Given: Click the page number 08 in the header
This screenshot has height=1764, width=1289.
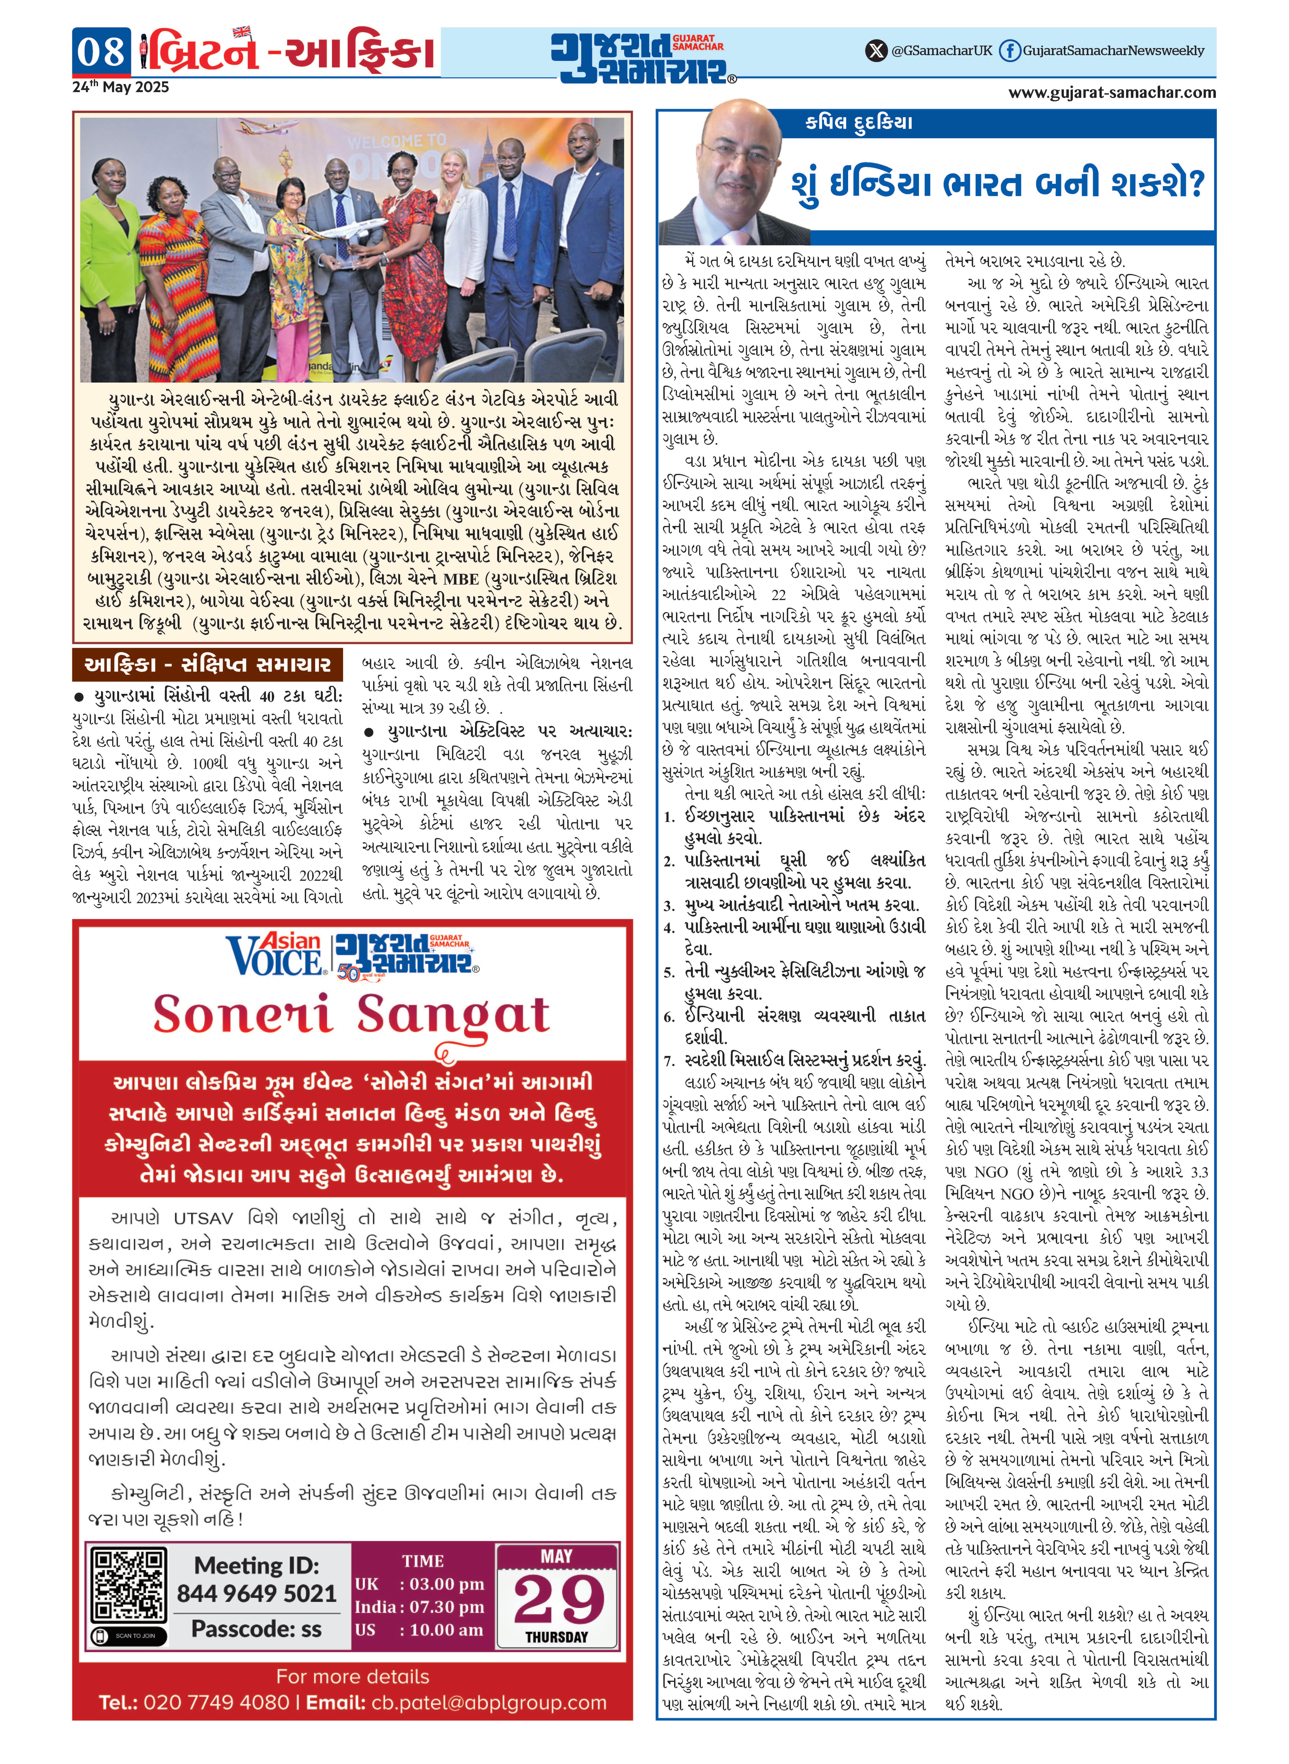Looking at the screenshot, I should point(101,52).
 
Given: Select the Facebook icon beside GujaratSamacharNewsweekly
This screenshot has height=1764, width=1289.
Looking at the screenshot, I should point(1009,51).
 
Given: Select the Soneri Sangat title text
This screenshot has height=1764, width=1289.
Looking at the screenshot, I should point(351,1015).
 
